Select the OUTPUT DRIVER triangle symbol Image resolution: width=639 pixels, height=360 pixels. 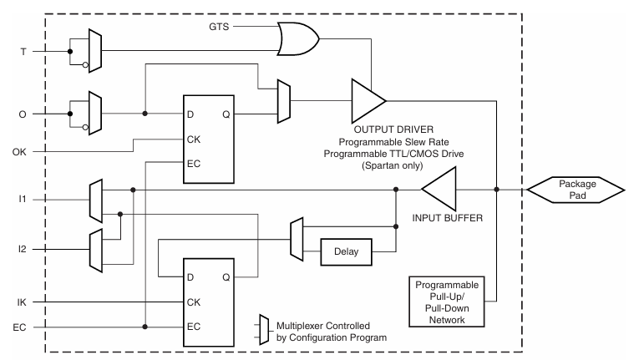click(366, 101)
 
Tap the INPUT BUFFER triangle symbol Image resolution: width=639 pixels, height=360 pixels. click(439, 190)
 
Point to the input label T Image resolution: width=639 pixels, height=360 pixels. click(23, 50)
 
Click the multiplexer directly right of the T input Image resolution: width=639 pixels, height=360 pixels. click(95, 50)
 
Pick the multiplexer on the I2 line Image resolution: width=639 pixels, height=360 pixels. click(95, 249)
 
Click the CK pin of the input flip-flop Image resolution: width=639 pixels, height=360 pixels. click(195, 302)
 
